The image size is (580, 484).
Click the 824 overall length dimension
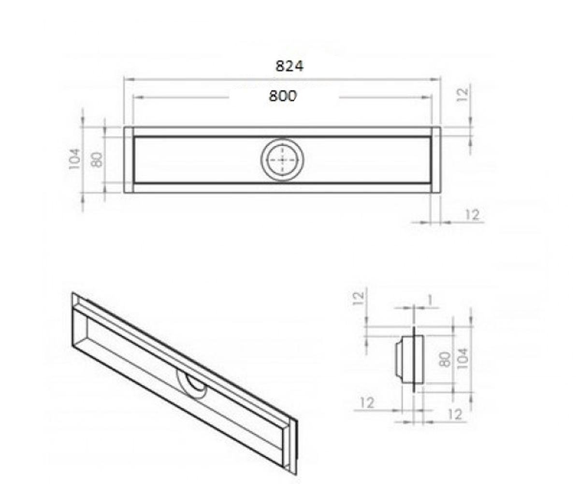click(x=290, y=66)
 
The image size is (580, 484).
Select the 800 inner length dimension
click(x=283, y=96)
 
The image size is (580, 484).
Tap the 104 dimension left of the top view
click(x=74, y=159)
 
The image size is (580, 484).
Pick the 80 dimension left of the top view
click(x=97, y=159)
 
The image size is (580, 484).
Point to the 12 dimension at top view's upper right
click(x=463, y=94)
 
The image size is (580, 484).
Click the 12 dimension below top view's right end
click(x=472, y=215)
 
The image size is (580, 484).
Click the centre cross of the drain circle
click(x=282, y=160)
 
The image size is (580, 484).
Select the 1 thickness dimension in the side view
click(x=430, y=300)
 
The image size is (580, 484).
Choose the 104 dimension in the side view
click(x=463, y=359)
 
